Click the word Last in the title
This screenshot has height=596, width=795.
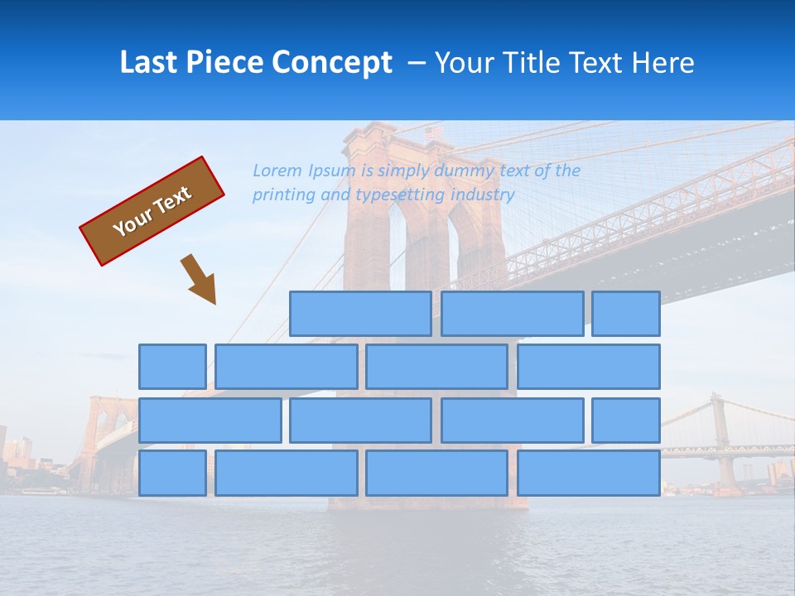coord(150,63)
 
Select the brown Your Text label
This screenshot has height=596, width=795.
coord(152,211)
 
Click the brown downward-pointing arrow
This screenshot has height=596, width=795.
coord(200,280)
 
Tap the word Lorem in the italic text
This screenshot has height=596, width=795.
coord(277,171)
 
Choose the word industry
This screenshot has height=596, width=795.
coord(483,195)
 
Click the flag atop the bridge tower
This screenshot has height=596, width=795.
coord(433,132)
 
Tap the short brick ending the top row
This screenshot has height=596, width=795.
coord(626,314)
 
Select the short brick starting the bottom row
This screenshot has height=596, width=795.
coord(172,473)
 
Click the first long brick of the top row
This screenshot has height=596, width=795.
coord(360,314)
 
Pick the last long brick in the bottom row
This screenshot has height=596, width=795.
coord(589,473)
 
